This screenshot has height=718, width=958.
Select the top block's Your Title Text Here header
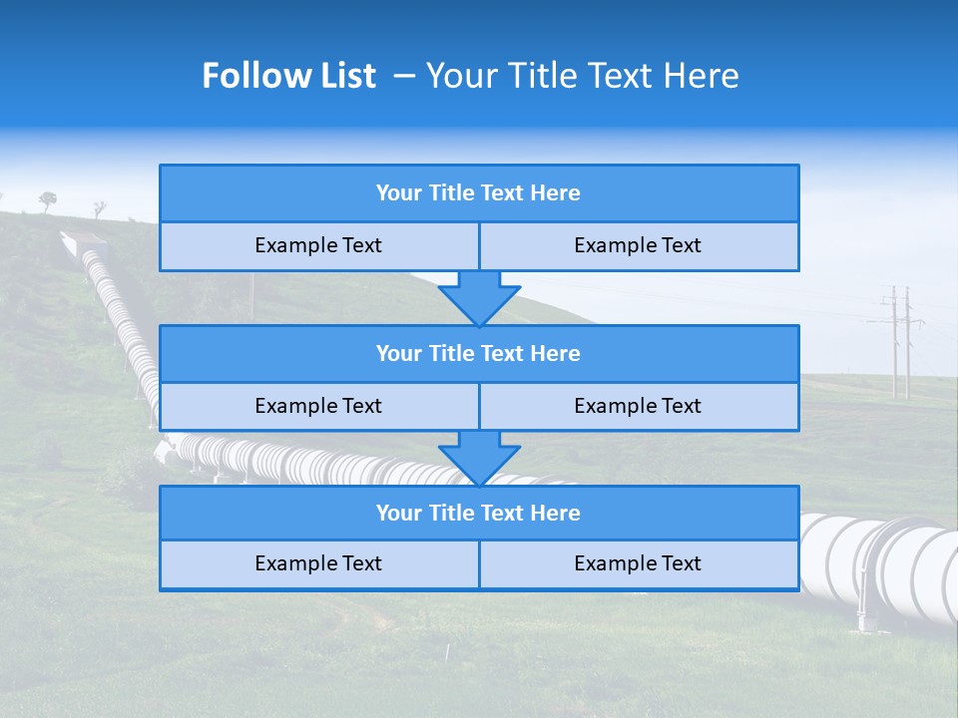[478, 193]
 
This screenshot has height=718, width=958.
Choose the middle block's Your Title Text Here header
[478, 353]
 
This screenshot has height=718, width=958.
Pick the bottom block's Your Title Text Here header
[478, 513]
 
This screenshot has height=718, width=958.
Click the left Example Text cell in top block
[318, 245]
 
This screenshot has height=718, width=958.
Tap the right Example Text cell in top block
[638, 245]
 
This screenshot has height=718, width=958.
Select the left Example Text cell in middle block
[318, 406]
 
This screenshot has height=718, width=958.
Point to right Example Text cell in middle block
[638, 406]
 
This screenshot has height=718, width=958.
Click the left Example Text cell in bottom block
[318, 563]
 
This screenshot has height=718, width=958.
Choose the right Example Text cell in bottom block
[638, 563]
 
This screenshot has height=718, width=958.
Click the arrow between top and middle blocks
[479, 297]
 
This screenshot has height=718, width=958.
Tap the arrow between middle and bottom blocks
[479, 457]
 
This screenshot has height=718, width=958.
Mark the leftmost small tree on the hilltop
[48, 200]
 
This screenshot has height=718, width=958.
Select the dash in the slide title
[404, 76]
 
